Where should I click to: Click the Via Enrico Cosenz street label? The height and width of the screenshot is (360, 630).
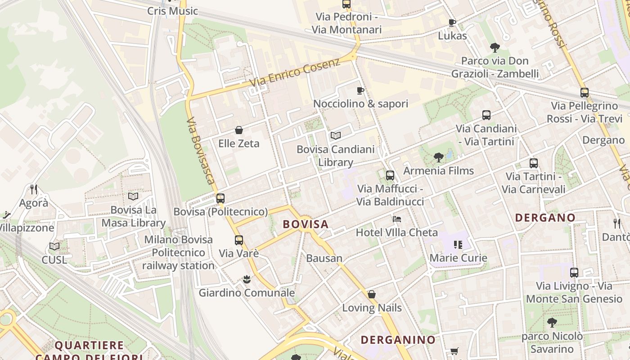[295, 73]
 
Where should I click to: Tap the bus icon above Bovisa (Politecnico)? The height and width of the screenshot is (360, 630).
[220, 198]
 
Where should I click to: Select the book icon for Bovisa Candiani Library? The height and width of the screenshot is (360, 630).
[336, 135]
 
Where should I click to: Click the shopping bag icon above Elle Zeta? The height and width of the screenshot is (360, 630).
[239, 130]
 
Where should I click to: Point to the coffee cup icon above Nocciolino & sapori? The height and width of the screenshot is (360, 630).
[360, 90]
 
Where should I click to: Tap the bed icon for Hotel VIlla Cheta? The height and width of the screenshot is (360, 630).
[397, 219]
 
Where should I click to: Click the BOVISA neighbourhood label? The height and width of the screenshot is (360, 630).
[306, 224]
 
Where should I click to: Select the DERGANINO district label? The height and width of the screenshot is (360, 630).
[398, 340]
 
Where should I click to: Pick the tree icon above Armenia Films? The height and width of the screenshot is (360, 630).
[439, 157]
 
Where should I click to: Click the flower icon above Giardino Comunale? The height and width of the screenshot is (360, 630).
[247, 280]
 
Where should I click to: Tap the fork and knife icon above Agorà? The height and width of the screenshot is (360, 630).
[34, 189]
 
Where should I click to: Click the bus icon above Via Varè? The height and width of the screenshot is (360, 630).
[239, 240]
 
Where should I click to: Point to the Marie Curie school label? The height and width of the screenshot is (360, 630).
[458, 258]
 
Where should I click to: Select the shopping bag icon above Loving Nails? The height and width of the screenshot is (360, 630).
[372, 295]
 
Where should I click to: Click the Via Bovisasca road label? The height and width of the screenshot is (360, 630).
[200, 151]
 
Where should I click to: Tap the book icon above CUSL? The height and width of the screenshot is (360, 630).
[54, 247]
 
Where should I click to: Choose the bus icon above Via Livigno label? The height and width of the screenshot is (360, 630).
[574, 273]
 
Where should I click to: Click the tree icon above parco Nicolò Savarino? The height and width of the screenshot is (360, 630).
[552, 323]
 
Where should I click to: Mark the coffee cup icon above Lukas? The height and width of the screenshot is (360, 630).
[452, 22]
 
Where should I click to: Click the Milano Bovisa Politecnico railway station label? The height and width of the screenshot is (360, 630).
[179, 252]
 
